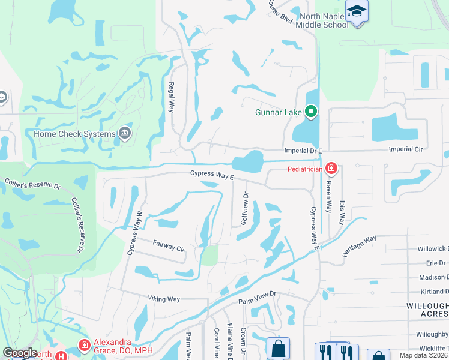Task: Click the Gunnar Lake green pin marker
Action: tap(311, 111)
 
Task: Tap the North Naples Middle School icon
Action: tap(357, 12)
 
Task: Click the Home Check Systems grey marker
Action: tap(125, 133)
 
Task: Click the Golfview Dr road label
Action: tap(244, 208)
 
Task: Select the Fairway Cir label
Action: tap(169, 245)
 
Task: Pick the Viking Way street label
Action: tap(164, 298)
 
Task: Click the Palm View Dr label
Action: tap(256, 295)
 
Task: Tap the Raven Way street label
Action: tap(328, 197)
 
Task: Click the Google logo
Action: tap(20, 353)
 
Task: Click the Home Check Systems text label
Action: tap(74, 133)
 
